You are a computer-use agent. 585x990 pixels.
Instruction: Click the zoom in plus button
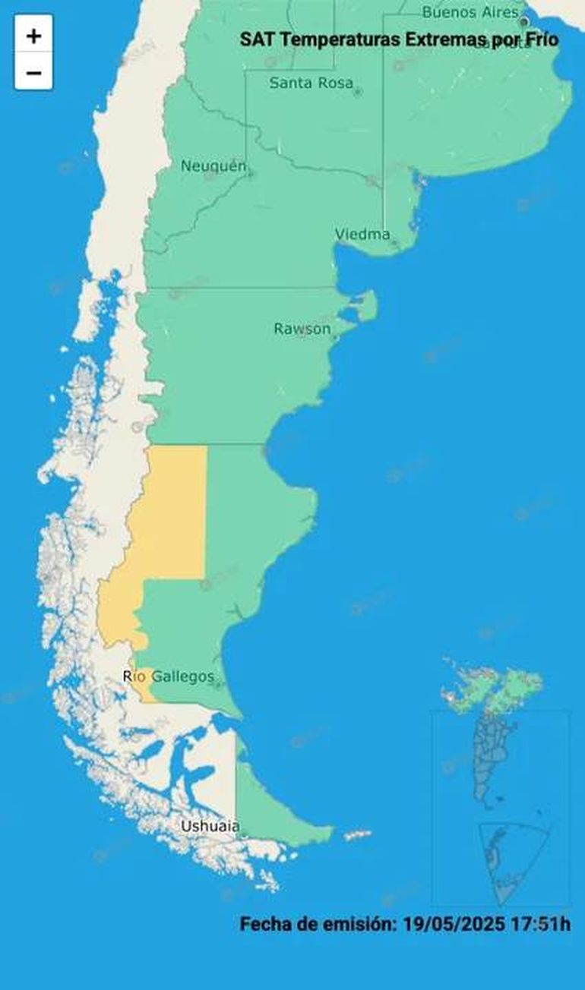pyautogui.click(x=33, y=35)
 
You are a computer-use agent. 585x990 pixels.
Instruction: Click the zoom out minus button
pyautogui.click(x=33, y=73)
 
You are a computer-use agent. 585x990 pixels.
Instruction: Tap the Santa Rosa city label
pyautogui.click(x=311, y=83)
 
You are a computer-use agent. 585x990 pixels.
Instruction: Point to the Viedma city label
pyautogui.click(x=362, y=235)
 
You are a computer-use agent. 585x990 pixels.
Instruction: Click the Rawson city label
pyautogui.click(x=302, y=329)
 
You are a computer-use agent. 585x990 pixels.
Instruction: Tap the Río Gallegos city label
pyautogui.click(x=169, y=676)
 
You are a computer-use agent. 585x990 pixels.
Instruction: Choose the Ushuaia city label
pyautogui.click(x=210, y=826)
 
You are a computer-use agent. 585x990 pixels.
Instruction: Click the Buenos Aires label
pyautogui.click(x=470, y=12)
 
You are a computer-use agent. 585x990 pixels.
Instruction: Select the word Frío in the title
pyautogui.click(x=540, y=39)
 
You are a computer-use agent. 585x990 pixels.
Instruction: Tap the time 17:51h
pyautogui.click(x=542, y=924)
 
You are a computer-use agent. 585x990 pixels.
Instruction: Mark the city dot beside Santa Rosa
pyautogui.click(x=358, y=92)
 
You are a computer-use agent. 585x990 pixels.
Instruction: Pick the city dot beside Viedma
pyautogui.click(x=394, y=242)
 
